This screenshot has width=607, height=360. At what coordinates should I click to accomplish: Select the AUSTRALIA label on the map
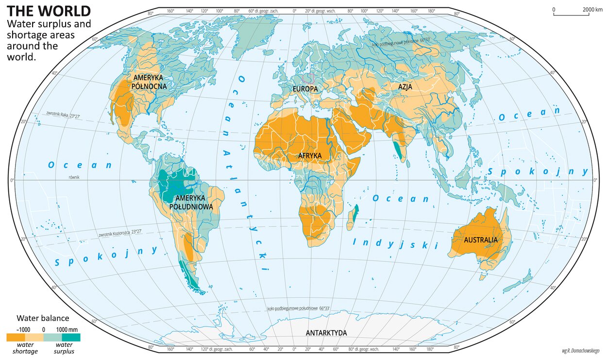(480, 240)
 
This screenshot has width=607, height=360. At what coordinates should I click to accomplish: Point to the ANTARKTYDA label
(326, 333)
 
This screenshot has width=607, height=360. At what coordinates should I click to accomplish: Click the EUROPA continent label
(305, 89)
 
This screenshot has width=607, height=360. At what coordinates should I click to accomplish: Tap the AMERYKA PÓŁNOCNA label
(149, 82)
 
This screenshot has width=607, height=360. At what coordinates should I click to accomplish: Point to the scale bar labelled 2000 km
(577, 13)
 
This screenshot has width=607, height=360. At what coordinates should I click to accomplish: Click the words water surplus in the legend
(62, 348)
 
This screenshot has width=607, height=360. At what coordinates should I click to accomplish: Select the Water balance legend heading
(43, 319)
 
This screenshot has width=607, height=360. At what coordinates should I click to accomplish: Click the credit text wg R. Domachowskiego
(580, 350)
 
